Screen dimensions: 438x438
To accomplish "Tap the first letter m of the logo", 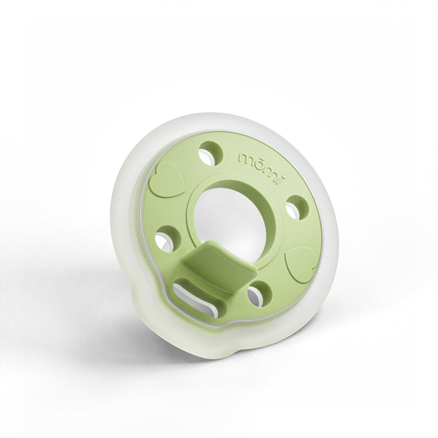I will click(244, 155).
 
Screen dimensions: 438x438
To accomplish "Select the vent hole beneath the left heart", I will click(166, 238).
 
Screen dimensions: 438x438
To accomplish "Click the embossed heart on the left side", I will click(168, 180).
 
